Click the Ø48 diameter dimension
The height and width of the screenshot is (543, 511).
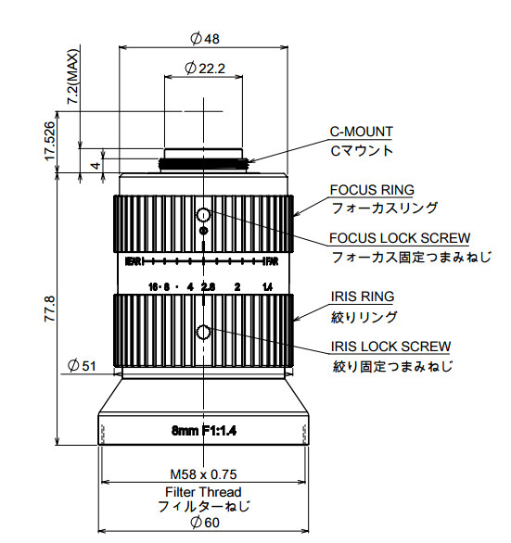204,39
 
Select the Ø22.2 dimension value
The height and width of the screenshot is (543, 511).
205,68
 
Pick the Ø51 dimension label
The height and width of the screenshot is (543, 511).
83,366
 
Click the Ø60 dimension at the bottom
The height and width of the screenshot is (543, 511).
204,523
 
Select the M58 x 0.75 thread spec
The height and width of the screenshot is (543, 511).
203,471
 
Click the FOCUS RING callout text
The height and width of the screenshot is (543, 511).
372,190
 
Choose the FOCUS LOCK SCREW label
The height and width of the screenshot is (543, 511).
400,239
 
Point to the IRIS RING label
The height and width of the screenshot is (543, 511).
362,297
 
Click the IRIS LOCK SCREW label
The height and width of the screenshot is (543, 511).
390,347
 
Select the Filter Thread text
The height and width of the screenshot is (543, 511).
203,491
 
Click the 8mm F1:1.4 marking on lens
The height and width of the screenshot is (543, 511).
204,431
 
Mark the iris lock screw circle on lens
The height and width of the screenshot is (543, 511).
203,334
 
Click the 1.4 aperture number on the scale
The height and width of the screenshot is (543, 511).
267,286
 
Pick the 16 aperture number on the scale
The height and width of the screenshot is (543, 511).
153,286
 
